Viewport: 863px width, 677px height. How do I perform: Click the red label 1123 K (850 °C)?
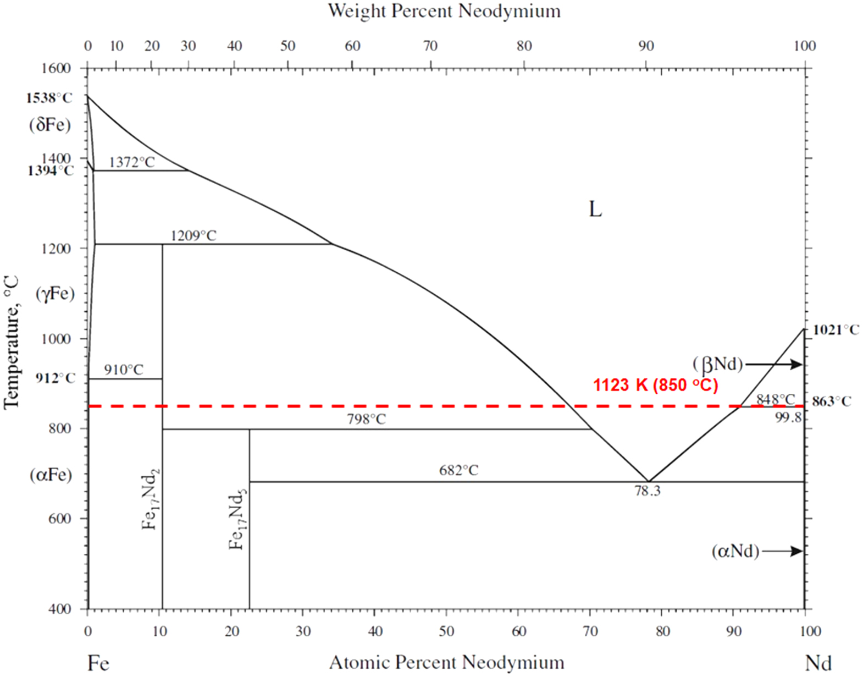pos(655,385)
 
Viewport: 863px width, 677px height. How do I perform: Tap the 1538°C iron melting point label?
pos(49,98)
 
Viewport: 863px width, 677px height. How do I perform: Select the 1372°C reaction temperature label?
pos(132,162)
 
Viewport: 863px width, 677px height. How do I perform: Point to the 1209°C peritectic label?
pos(193,236)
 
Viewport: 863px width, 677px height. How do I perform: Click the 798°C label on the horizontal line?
pos(366,419)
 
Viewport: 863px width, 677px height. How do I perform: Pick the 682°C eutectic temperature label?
pos(458,470)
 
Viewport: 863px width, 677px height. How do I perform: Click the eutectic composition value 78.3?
pos(647,491)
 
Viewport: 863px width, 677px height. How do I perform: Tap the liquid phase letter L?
pos(595,210)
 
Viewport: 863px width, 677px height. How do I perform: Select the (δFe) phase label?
pos(50,125)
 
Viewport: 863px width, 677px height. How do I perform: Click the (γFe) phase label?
pos(55,294)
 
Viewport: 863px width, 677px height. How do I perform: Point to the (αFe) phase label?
pos(51,475)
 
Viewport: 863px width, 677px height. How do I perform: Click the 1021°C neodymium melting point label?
pos(836,330)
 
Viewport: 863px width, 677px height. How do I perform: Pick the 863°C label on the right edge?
pos(831,401)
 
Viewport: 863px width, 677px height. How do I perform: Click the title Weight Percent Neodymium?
pos(444,11)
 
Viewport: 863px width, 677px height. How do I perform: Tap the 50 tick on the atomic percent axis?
pos(446,631)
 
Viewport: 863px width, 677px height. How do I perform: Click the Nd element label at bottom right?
pos(818,663)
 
